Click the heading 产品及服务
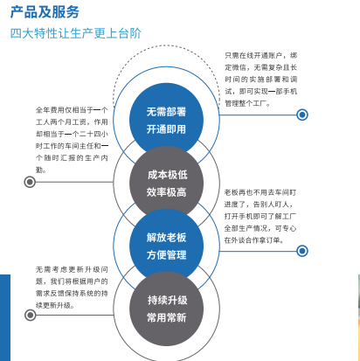coord(45,12)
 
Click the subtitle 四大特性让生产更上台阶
coord(76,33)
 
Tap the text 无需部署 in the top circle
coord(166,112)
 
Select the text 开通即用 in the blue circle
coord(166,129)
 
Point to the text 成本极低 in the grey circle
coord(167,175)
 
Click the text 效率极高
coord(166,192)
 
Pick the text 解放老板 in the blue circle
coord(166,238)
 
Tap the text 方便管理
coord(166,255)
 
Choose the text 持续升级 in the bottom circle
coord(167,300)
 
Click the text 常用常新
coord(166,317)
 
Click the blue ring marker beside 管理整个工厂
coord(302,115)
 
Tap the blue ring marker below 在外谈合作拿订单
coord(302,251)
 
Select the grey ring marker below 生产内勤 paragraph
coord(30,182)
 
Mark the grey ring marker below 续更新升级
coord(31,315)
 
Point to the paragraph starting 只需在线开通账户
coord(260,80)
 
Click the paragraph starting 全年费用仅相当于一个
coord(72,140)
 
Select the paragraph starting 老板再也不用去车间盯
coord(260,216)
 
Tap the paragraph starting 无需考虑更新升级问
coord(72,288)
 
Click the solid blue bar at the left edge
coord(5,317)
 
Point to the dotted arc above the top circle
coord(166,45)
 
